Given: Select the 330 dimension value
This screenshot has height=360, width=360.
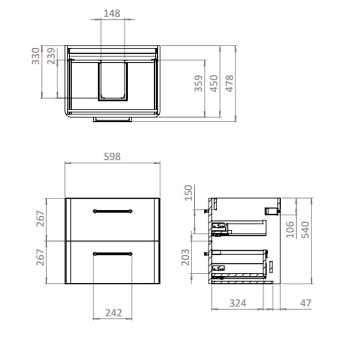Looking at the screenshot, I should coord(36,56).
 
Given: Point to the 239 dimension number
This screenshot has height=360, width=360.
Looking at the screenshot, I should coord(52,56).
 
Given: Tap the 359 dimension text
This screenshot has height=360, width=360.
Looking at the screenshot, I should coord(199,84).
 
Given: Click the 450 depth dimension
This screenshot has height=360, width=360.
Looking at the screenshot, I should coord(214,84).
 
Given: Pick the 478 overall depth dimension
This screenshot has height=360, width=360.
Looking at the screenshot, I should coord(230,84).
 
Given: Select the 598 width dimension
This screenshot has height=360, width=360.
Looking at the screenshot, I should coord(112,157).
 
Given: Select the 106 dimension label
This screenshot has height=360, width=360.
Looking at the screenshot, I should coord(290,229).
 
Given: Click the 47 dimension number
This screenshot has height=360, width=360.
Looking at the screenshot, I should coord(305,303).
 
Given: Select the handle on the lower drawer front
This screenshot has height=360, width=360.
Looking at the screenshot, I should coord(112,253).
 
